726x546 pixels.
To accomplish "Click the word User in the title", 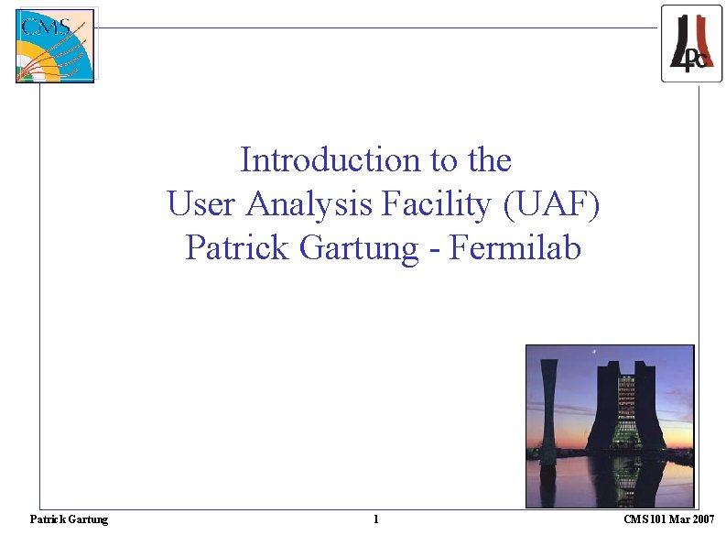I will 201,204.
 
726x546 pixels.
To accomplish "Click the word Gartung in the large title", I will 360,248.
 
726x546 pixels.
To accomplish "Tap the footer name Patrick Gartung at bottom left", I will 69,519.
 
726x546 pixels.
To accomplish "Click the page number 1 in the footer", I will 376,519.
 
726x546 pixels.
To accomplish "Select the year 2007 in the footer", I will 702,519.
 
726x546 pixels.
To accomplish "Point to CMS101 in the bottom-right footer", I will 646,519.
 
